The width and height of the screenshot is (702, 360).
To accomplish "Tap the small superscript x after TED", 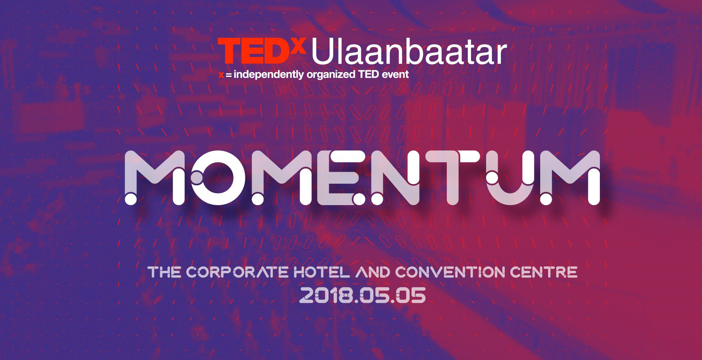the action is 299,45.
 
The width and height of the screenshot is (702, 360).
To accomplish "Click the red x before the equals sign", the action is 221,75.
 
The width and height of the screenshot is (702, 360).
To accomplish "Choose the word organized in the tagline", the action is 331,75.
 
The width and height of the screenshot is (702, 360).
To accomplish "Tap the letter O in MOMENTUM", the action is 218,178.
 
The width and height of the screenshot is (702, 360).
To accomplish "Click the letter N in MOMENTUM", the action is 395,178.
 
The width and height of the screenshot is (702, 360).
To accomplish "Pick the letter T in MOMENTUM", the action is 453,178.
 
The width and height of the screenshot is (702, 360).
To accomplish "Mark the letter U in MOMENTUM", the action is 511,178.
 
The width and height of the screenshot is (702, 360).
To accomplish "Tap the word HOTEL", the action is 322,272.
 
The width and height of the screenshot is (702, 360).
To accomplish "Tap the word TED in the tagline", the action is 369,74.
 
